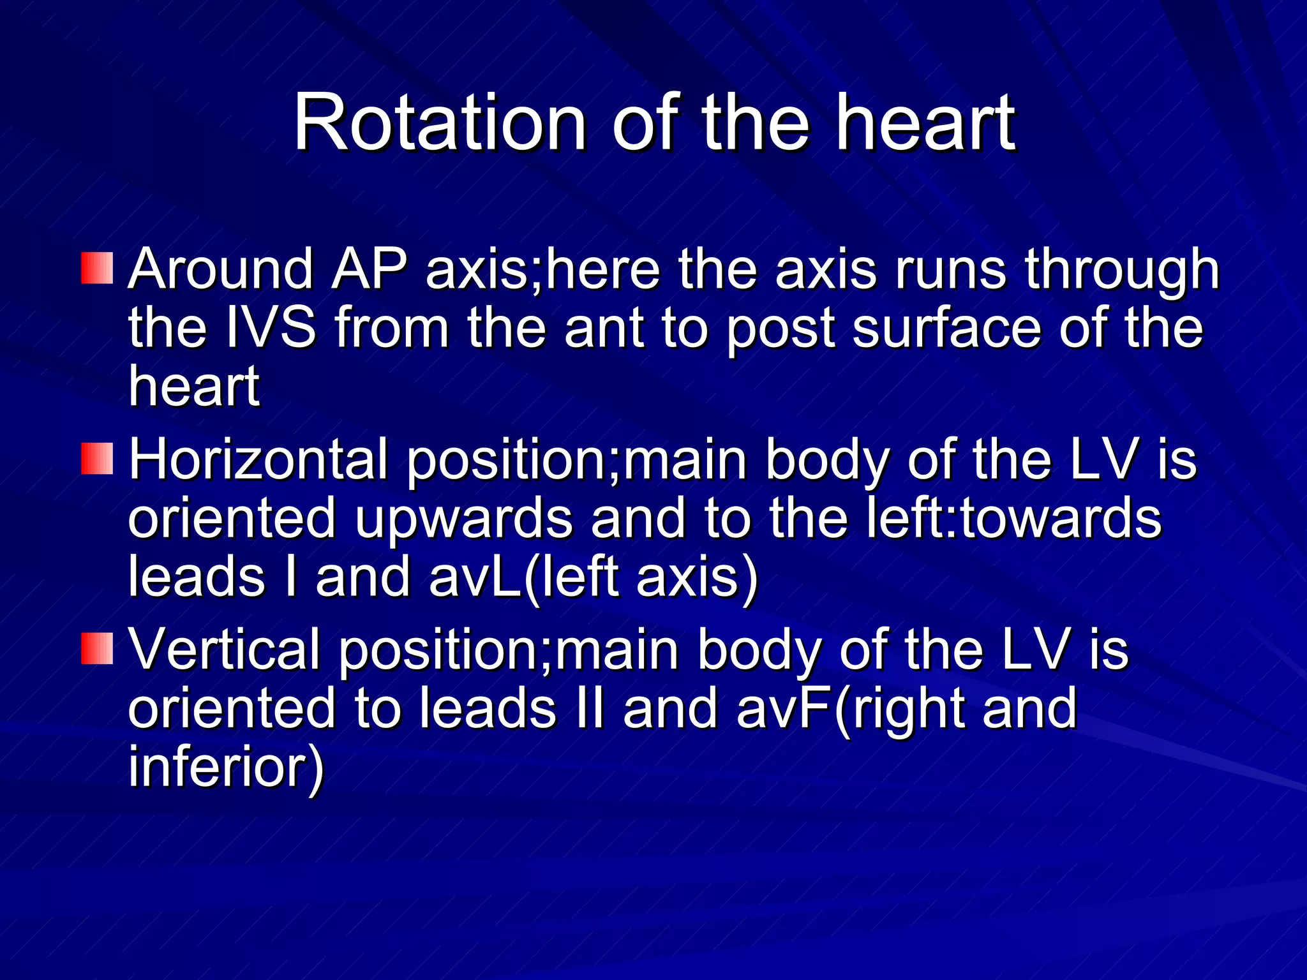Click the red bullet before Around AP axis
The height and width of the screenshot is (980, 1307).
tap(97, 269)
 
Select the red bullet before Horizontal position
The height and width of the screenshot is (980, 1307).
tap(97, 459)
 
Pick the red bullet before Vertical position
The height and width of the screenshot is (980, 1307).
tap(97, 649)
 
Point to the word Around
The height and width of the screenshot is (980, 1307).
tap(221, 270)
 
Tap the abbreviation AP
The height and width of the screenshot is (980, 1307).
tap(370, 270)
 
